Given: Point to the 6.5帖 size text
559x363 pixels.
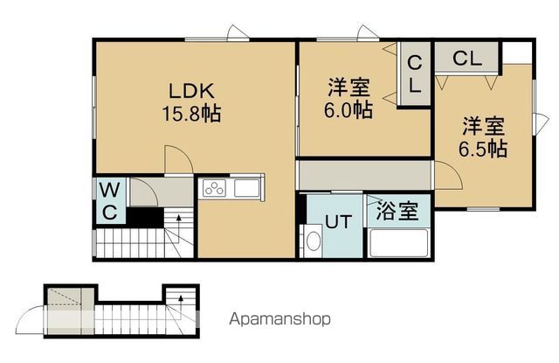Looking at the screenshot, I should coord(483,149).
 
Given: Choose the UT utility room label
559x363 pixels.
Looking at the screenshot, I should coord(339,221).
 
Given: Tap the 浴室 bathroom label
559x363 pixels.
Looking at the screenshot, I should coord(397,211).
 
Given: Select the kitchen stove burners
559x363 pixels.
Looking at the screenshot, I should coord(216,188).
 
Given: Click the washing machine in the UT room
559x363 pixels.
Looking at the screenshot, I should coord(312,241).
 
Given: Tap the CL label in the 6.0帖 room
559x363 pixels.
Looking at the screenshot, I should coord(415,74).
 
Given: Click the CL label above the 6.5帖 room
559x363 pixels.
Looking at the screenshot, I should coord(466,59).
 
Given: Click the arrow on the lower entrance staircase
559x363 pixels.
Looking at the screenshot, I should coord(183,303).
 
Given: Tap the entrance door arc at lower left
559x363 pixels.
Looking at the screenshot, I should coord(32,314).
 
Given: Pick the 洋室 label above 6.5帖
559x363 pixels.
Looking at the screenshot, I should coord(483,126).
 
